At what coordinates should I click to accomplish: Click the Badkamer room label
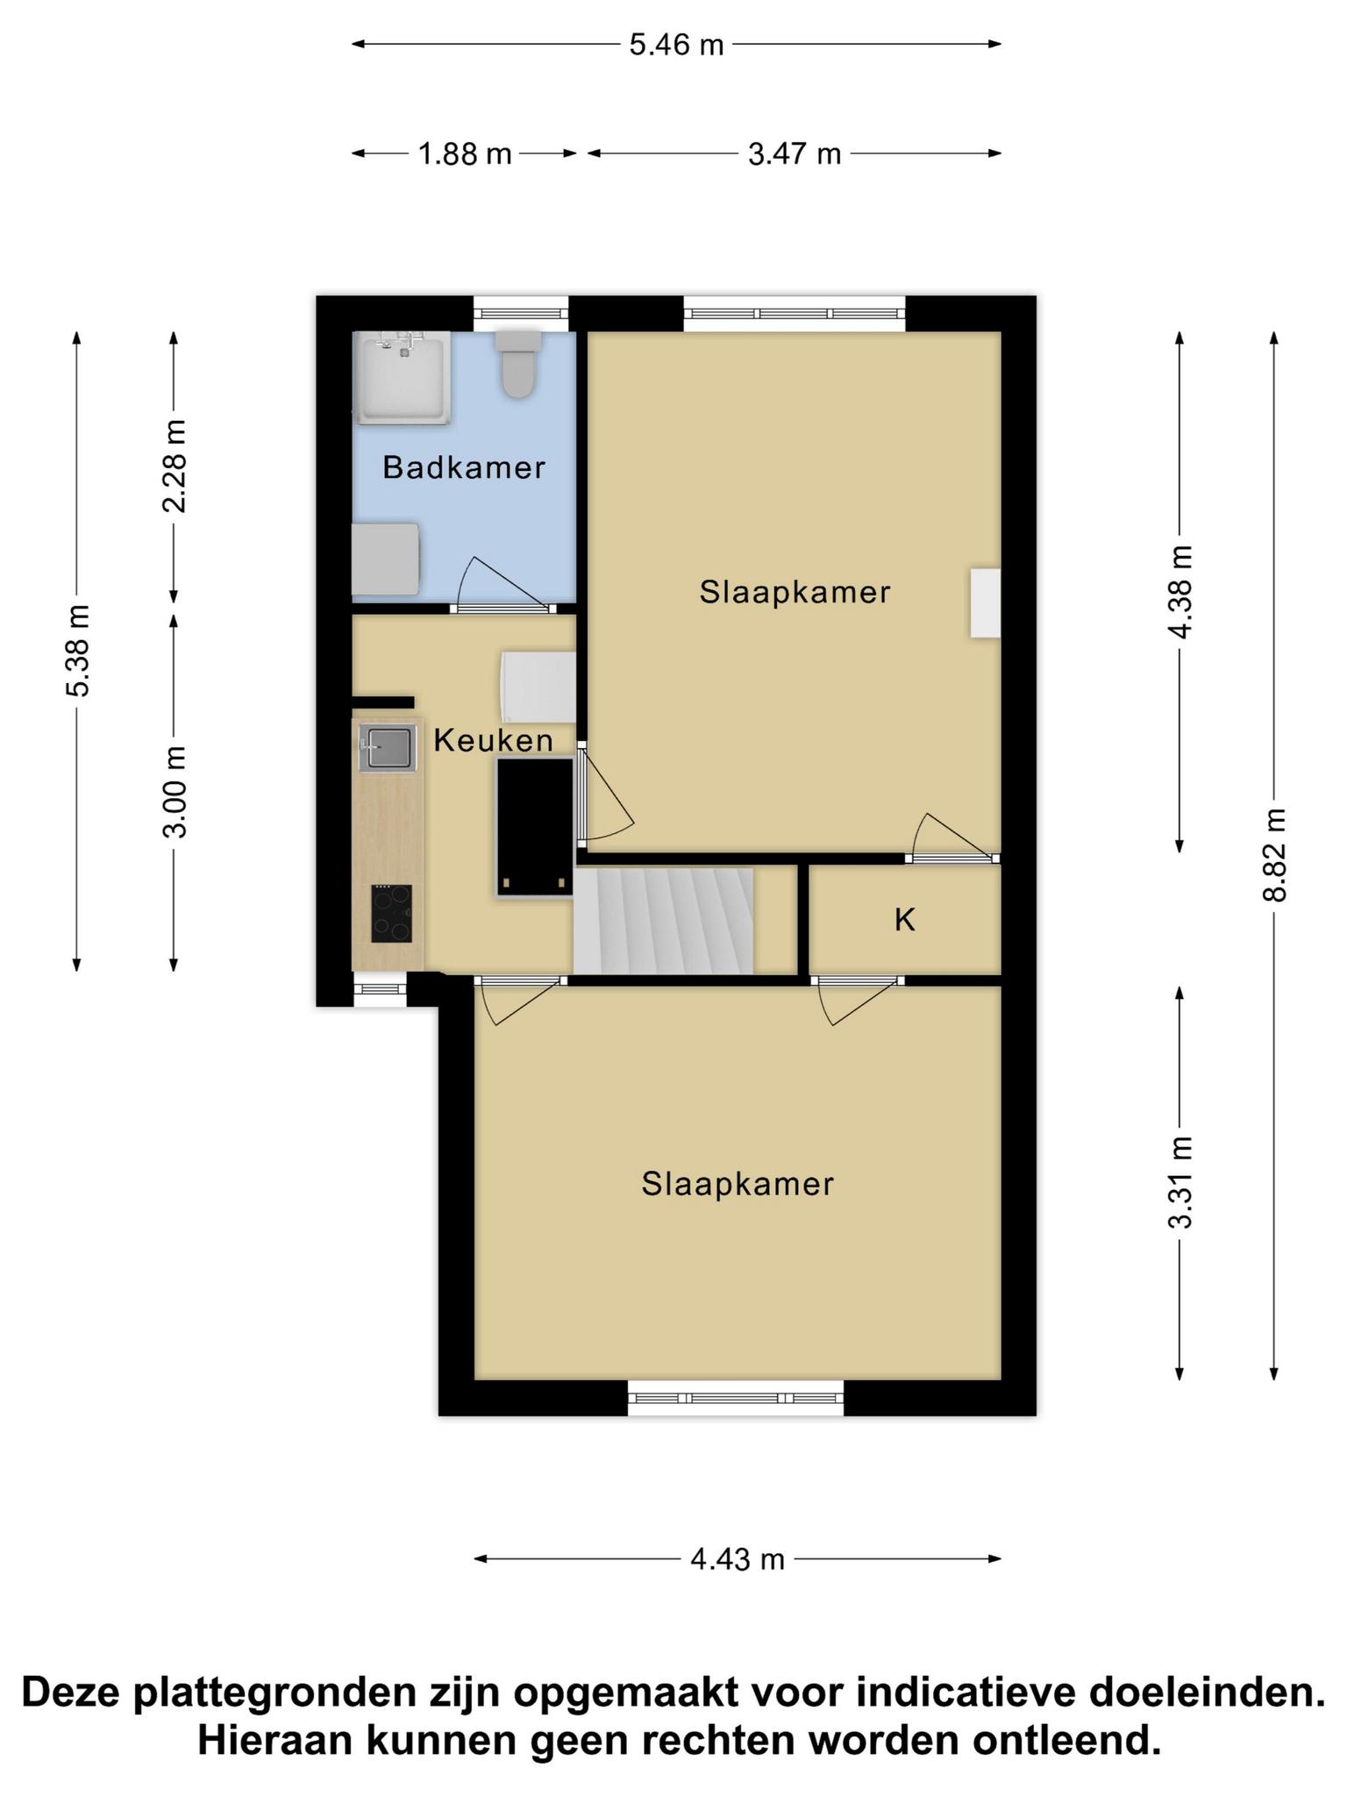pos(464,467)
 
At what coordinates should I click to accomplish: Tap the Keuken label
pos(494,741)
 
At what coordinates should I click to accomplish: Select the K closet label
pos(905,920)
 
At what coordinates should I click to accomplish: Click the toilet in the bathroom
pos(518,363)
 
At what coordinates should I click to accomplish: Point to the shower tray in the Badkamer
pos(402,377)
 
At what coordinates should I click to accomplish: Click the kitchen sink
pos(387,748)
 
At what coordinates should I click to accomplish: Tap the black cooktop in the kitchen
pos(391,913)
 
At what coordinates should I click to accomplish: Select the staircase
pos(664,920)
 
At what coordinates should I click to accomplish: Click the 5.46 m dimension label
pos(676,45)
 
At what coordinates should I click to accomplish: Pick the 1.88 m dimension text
pos(465,154)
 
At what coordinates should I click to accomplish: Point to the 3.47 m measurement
pos(794,154)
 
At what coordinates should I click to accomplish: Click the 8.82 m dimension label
pos(1274,855)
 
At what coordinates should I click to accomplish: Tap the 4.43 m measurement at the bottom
pos(738,1559)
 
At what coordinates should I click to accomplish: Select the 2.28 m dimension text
pos(175,466)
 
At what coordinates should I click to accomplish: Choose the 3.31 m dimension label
pos(1180,1181)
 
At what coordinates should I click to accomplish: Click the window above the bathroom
pos(521,312)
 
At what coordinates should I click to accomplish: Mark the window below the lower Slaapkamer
pos(736,1399)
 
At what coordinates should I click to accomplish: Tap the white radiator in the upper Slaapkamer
pos(985,602)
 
